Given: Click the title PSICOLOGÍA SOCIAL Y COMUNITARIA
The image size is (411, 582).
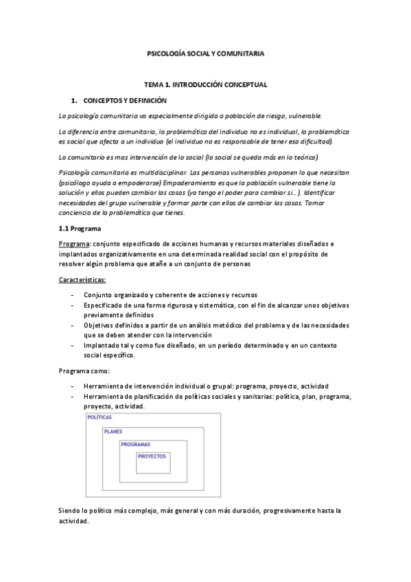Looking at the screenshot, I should pyautogui.click(x=206, y=53).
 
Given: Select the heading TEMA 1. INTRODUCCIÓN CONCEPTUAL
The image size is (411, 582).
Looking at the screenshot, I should pyautogui.click(x=206, y=84).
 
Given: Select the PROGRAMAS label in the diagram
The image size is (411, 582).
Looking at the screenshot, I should pyautogui.click(x=135, y=445).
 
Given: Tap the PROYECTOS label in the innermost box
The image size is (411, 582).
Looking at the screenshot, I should pyautogui.click(x=152, y=456).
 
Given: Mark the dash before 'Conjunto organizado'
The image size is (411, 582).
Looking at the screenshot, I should pyautogui.click(x=73, y=295).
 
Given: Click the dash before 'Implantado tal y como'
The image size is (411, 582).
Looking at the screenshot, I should pyautogui.click(x=73, y=345).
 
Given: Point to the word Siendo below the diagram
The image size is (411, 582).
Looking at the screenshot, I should pyautogui.click(x=71, y=512).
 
